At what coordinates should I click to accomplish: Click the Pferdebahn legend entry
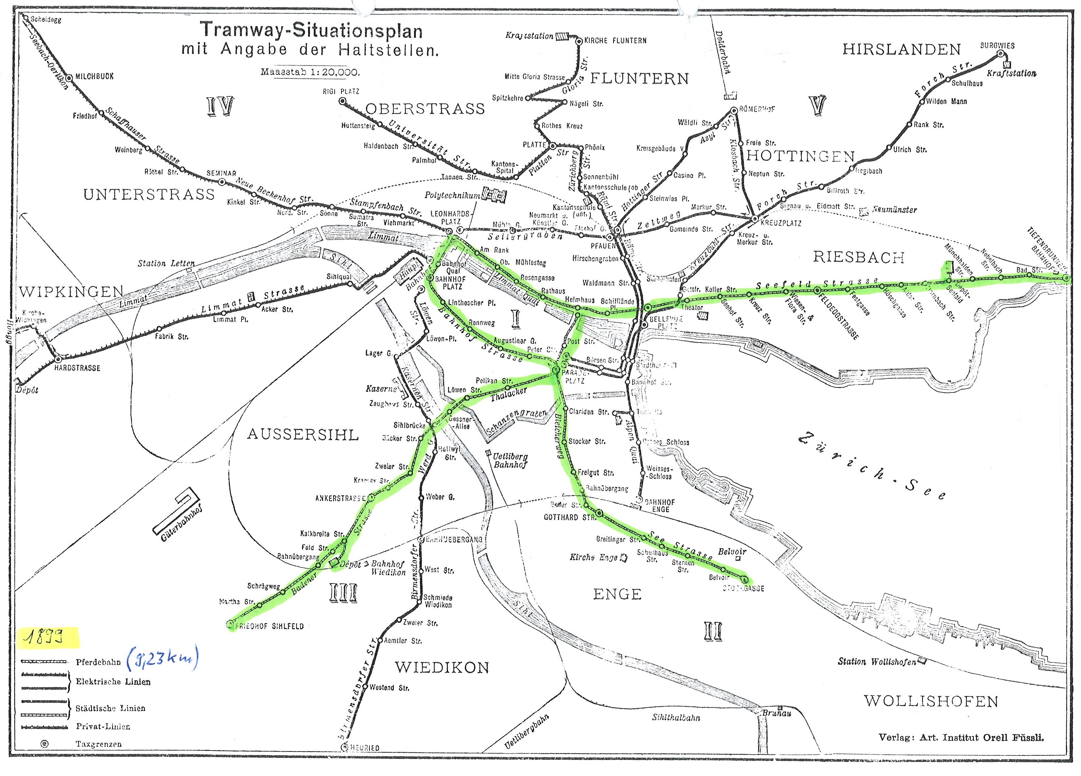98,662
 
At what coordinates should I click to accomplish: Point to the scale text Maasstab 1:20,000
310,72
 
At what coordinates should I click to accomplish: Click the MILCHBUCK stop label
94,76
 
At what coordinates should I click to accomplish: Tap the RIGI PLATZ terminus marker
342,101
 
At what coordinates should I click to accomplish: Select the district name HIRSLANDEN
901,50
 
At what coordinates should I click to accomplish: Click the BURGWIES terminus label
997,46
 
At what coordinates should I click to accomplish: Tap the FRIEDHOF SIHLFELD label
269,626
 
